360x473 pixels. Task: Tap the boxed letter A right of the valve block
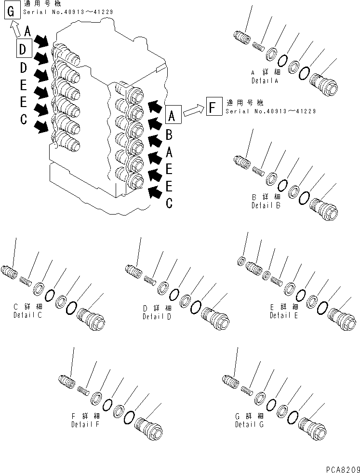174,115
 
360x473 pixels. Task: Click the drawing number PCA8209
339,468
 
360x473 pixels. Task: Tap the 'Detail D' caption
157,317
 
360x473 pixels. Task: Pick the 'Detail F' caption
85,424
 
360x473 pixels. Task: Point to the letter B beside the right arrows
169,135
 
